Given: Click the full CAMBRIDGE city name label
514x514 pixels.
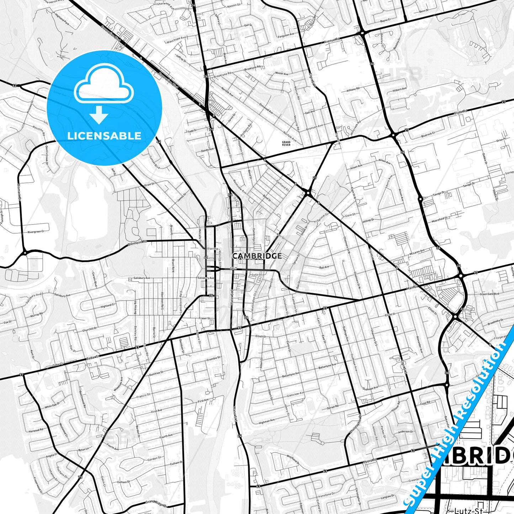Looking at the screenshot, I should point(257,256).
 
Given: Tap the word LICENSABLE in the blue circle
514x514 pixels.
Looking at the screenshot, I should point(104,136).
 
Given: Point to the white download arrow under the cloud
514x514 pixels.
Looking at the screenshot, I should point(99,115).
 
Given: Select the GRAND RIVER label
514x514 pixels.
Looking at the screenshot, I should point(286,143).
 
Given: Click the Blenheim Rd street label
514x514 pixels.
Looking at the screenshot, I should point(137,244).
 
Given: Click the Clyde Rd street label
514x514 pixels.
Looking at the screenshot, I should point(460,112).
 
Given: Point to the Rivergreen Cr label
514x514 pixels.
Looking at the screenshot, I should point(36,232).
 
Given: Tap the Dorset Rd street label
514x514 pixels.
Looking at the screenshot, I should point(333,406).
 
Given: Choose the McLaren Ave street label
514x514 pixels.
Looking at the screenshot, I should point(417,251).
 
